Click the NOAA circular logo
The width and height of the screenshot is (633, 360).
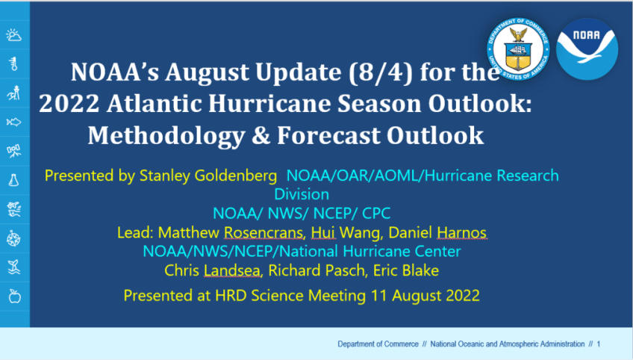(x=587, y=49)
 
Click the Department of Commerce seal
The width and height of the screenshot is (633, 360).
(x=518, y=49)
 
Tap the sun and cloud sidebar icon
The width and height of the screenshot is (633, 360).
(x=13, y=35)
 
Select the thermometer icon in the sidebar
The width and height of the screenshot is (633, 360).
(x=14, y=63)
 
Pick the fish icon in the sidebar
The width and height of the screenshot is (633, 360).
(x=13, y=122)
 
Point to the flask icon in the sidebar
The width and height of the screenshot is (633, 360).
(x=13, y=180)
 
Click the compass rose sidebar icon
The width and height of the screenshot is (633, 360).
(x=13, y=238)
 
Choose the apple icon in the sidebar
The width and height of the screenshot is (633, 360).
(x=14, y=297)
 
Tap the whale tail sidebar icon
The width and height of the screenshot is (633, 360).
(x=13, y=267)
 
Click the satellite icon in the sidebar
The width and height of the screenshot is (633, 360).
(x=13, y=151)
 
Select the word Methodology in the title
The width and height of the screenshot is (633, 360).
(x=166, y=136)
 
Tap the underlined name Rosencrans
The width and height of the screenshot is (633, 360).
(x=264, y=233)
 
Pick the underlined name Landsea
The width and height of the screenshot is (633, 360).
(x=231, y=270)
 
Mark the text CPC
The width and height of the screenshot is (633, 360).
(x=376, y=214)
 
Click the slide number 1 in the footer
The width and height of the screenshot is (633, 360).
(x=599, y=344)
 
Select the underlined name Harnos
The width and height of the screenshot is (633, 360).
(x=462, y=233)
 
